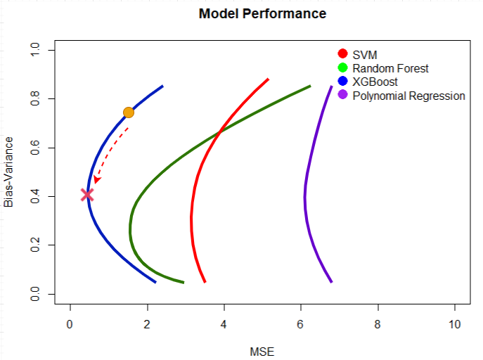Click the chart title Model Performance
pyautogui.click(x=262, y=13)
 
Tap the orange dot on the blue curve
pyautogui.click(x=129, y=112)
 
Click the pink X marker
pyautogui.click(x=87, y=195)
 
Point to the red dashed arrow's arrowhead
pyautogui.click(x=97, y=180)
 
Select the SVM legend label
pyautogui.click(x=364, y=54)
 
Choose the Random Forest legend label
pyautogui.click(x=390, y=68)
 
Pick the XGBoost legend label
pyautogui.click(x=375, y=82)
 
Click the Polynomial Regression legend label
pyautogui.click(x=408, y=96)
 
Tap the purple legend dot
pyautogui.click(x=343, y=96)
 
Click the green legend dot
pyautogui.click(x=343, y=68)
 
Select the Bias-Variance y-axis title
pyautogui.click(x=9, y=172)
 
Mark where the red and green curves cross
pyautogui.click(x=220, y=131)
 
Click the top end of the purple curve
pyautogui.click(x=331, y=86)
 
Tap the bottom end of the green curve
pyautogui.click(x=183, y=282)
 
